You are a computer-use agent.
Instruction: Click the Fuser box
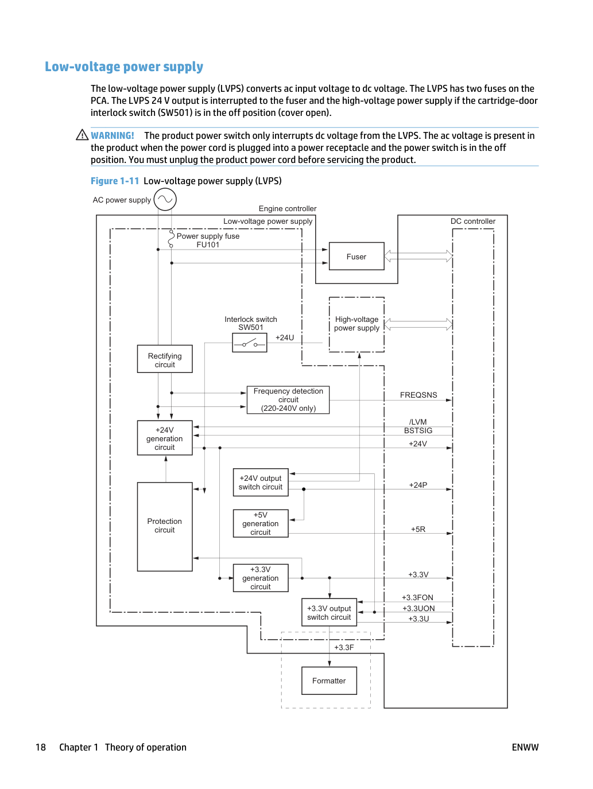pos(356,256)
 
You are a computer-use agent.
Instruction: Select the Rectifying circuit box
pos(165,359)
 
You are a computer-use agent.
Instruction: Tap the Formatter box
pos(329,681)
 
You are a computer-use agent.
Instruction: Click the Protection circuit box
pos(165,526)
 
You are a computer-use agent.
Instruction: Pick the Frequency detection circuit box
pos(288,400)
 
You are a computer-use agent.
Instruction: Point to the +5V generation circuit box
pos(261,523)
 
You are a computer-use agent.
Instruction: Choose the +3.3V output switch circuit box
pos(329,612)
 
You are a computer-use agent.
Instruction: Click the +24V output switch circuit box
pos(261,482)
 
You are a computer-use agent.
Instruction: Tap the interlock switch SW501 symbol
pos(250,343)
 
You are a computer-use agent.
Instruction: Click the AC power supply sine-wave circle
pos(165,199)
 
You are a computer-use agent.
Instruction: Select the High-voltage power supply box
pos(356,324)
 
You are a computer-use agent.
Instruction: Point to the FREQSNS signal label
pos(418,395)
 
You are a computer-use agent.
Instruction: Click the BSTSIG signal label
pos(418,430)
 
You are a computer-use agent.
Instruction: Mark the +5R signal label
pos(418,529)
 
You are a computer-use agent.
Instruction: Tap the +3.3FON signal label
pos(417,597)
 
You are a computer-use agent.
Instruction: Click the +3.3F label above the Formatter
pos(344,647)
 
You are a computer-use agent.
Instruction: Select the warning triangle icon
pos(82,135)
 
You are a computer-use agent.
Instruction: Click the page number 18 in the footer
pos(41,747)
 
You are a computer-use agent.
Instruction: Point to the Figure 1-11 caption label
pos(115,181)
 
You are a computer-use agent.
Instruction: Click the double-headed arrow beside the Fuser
pos(418,256)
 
